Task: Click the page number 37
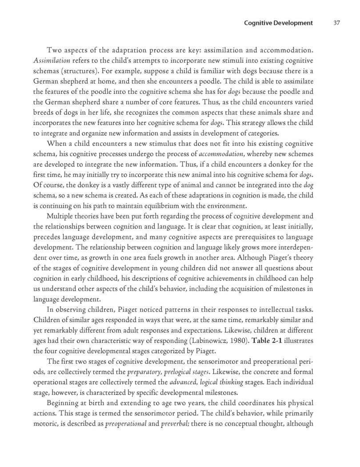coord(336,23)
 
